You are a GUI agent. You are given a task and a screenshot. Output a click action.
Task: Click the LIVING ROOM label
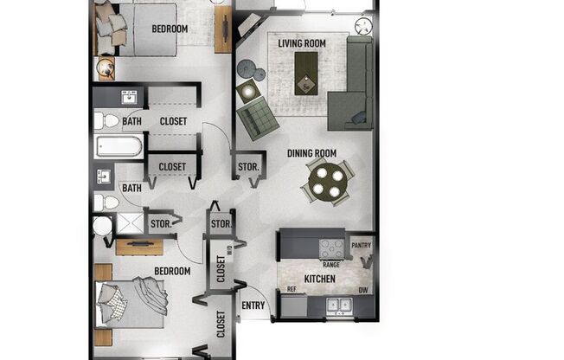[301, 42]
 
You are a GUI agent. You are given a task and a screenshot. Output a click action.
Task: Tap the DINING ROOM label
[311, 154]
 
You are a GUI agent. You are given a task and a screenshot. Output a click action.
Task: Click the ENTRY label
[253, 305]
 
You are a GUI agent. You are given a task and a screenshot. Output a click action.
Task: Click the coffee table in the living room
[305, 71]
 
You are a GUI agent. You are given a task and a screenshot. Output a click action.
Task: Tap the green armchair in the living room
[256, 119]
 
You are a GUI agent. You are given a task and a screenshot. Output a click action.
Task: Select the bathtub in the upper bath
[118, 145]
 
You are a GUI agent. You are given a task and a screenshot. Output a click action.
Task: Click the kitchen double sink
[338, 305]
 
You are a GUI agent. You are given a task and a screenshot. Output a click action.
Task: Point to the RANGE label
[330, 264]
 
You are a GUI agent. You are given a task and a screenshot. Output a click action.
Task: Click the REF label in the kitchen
[292, 288]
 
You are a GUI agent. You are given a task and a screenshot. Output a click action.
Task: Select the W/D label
[228, 251]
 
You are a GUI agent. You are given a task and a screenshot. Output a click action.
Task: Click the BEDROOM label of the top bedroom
[170, 29]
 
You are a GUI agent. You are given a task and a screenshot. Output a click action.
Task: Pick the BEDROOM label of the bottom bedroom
[172, 271]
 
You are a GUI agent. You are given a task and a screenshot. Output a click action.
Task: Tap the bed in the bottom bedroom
[134, 303]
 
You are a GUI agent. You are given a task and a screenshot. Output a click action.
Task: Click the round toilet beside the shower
[102, 227]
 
